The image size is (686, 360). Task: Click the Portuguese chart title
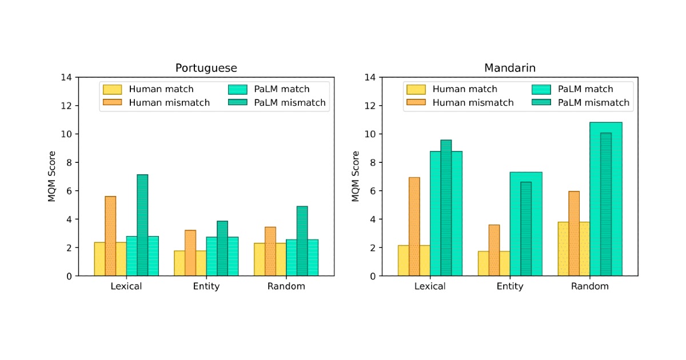pos(206,68)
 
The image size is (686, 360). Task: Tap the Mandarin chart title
pos(509,68)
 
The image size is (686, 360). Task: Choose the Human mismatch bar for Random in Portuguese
pos(270,251)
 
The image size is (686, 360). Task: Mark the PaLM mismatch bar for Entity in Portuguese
pos(222,249)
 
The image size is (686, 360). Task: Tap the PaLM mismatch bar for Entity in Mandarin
pos(526,229)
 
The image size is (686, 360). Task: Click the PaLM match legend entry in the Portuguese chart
pos(269,89)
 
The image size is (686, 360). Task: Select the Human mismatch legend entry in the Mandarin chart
pos(461,103)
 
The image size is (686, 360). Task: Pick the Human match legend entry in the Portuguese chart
pos(149,89)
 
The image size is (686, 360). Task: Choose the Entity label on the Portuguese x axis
pos(206,286)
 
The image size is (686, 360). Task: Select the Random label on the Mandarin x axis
pos(589,286)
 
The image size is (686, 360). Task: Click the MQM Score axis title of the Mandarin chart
pos(356,177)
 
